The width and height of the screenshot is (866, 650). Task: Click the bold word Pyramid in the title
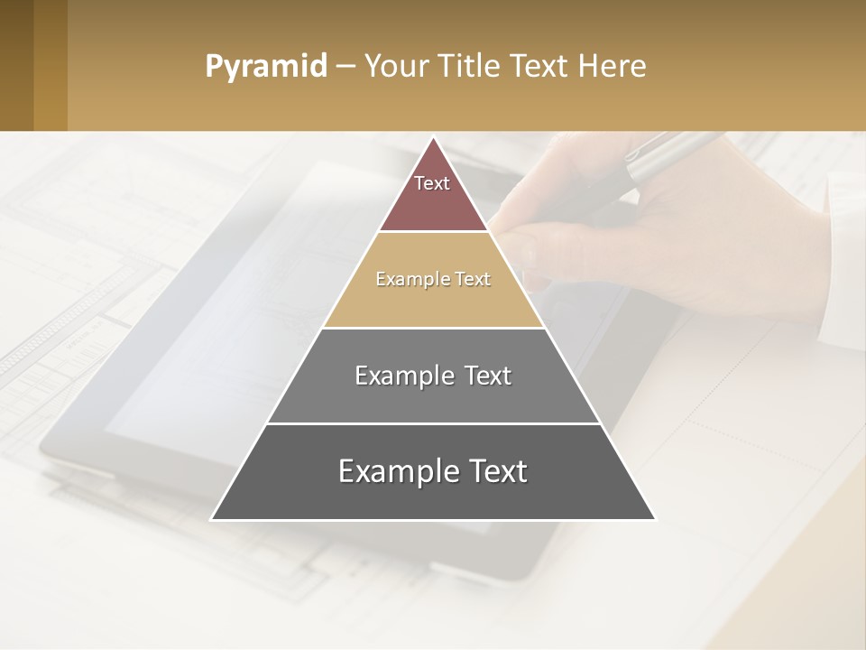[265, 67]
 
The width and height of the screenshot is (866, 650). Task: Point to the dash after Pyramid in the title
[345, 67]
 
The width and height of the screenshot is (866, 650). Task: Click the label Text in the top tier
[432, 183]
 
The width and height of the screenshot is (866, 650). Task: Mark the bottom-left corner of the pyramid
[212, 519]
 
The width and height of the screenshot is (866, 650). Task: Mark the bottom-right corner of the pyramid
[655, 519]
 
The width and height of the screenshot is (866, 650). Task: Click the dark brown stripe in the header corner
[16, 65]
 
